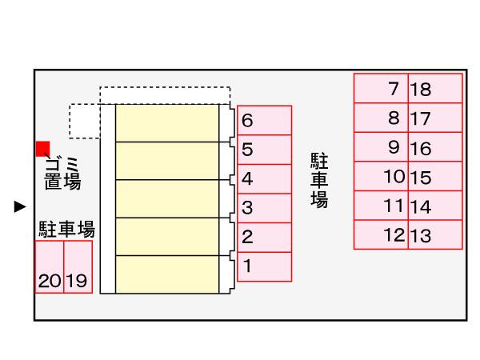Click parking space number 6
(x=265, y=120)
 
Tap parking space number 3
(x=265, y=208)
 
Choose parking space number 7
(x=382, y=89)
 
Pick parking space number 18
(x=435, y=89)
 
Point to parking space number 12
(x=382, y=235)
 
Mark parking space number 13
(x=435, y=235)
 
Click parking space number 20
(x=50, y=267)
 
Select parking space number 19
(x=78, y=267)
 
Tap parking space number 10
(x=382, y=177)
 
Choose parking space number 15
(x=435, y=177)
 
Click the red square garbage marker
(x=43, y=148)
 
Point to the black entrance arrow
(x=21, y=207)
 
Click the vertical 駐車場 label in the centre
(x=319, y=180)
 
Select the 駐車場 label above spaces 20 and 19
(x=67, y=230)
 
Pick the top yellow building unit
(x=167, y=123)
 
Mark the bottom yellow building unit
(x=167, y=274)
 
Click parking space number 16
(x=435, y=148)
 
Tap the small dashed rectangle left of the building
(x=85, y=120)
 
